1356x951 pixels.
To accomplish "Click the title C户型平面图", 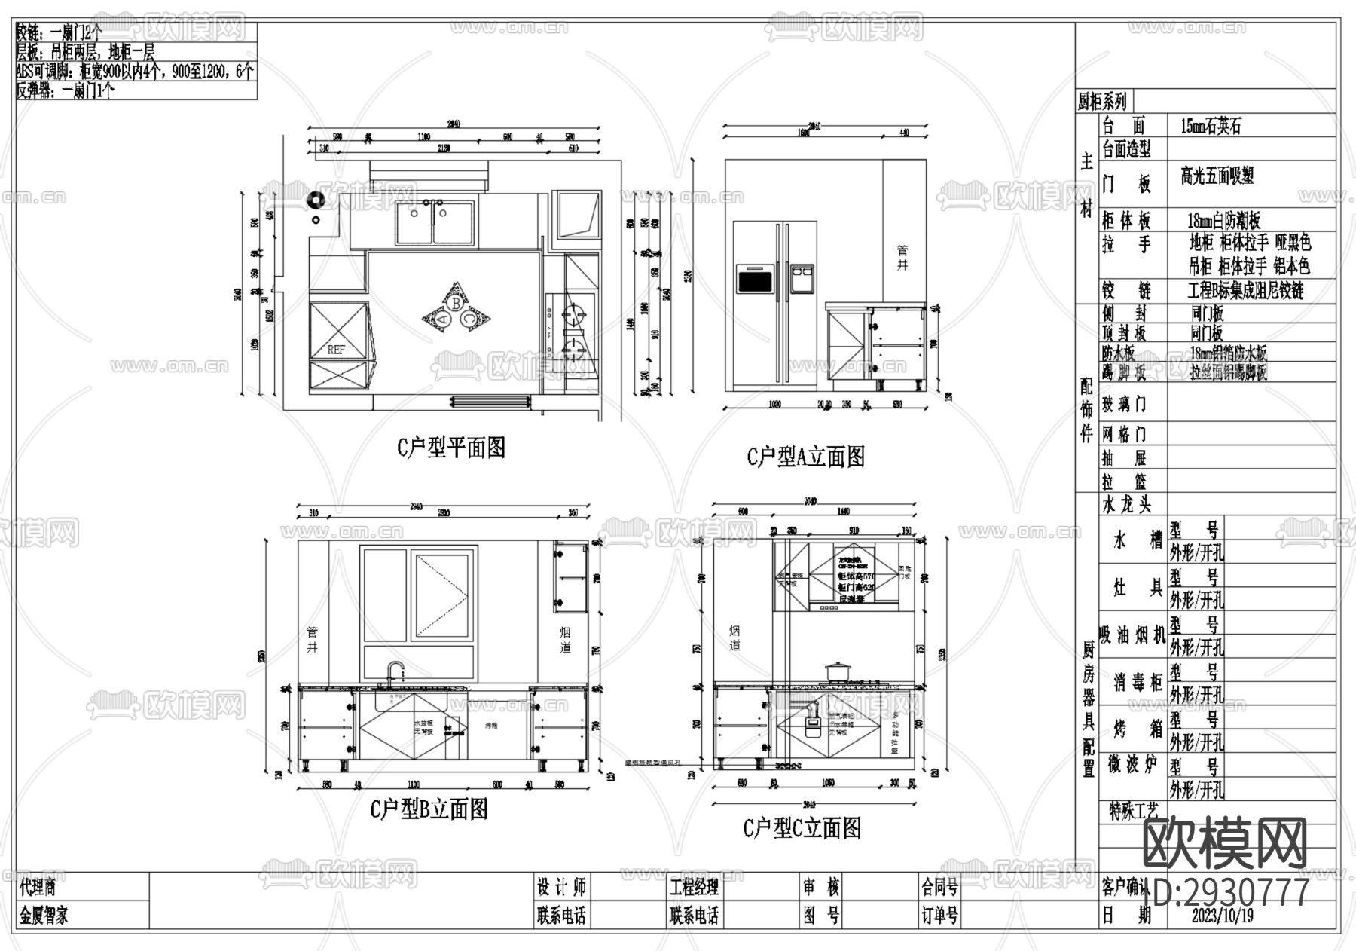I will pos(450,448).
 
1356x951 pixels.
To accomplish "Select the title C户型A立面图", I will pos(805,457).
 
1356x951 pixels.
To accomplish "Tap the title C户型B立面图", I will pos(429,809).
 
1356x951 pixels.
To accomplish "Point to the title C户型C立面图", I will pos(802,829).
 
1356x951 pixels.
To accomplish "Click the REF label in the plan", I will pos(336,350).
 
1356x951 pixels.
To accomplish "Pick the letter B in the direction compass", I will pos(455,302).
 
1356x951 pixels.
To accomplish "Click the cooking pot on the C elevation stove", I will pos(837,671).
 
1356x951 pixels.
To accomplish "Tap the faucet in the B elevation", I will pos(394,673).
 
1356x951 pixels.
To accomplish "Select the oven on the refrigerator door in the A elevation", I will pos(755,279).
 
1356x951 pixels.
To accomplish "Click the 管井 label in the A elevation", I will pos(902,257).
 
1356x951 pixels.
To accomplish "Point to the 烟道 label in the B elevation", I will pos(566,640).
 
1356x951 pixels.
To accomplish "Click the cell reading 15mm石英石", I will pos(1211,127).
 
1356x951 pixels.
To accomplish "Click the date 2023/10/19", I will pos(1223,916).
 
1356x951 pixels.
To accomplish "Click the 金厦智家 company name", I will pos(44,916).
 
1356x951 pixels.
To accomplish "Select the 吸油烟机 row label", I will pos(1132,635).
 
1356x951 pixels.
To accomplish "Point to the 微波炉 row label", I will pos(1132,765).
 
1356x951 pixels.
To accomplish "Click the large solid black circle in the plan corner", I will pos(315,200).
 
